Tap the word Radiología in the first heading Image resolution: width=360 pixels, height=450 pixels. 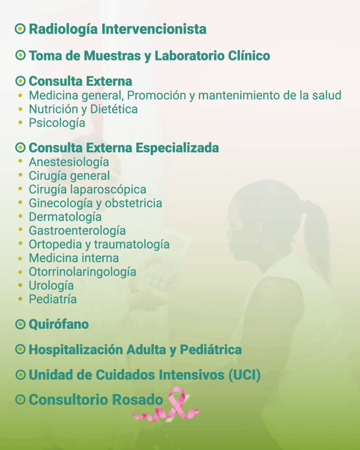click(63, 29)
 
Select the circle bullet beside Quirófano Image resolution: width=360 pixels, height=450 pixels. click(20, 324)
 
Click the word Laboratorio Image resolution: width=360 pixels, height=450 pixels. click(189, 56)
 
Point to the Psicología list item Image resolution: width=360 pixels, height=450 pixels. click(57, 123)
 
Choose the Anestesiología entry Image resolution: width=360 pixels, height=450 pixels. click(69, 162)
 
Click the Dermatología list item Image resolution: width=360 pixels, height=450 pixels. click(65, 217)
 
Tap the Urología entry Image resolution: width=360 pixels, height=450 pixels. click(51, 286)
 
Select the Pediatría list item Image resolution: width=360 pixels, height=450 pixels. click(53, 299)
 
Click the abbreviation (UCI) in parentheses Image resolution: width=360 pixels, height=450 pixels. click(244, 375)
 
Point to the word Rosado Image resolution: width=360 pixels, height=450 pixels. click(137, 399)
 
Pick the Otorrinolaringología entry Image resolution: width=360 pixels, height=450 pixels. click(82, 272)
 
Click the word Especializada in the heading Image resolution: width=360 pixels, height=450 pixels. click(177, 148)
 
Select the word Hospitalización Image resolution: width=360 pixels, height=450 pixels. click(76, 349)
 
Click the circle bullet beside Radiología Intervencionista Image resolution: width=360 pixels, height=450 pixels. click(20, 29)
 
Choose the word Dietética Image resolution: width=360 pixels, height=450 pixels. click(114, 109)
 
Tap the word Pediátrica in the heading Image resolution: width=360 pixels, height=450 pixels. click(211, 349)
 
